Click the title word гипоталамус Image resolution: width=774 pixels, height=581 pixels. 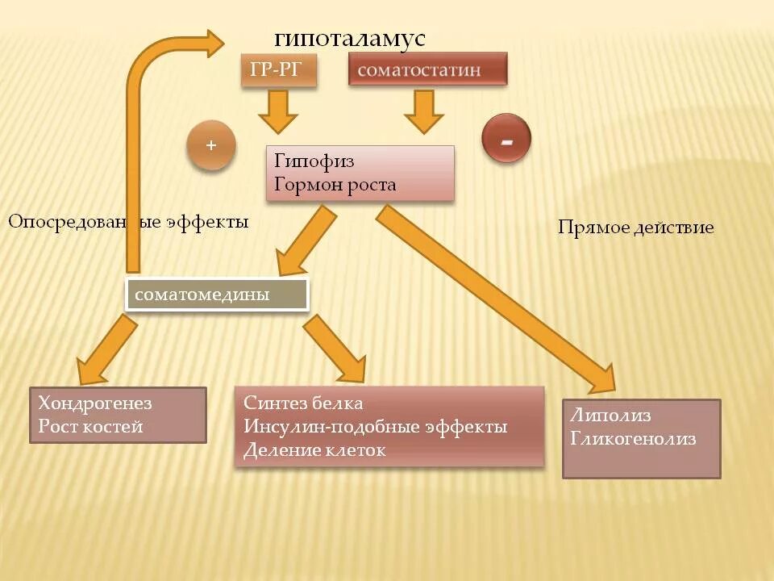[349, 39]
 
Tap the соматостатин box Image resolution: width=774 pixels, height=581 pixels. [427, 69]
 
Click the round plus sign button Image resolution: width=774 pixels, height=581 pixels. [211, 146]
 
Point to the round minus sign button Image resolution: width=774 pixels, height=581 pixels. [506, 140]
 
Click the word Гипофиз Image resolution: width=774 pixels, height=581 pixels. [314, 161]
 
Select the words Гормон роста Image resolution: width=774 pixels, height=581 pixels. [335, 185]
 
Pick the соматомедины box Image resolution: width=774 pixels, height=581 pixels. [216, 295]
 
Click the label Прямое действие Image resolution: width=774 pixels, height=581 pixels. [635, 228]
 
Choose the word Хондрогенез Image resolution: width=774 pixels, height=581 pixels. [94, 403]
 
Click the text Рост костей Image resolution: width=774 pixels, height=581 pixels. [90, 427]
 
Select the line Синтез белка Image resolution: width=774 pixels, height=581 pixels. [303, 403]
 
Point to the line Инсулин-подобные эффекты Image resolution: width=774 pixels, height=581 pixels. [375, 426]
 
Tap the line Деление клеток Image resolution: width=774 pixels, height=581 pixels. [314, 450]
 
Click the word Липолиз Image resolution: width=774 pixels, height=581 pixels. [610, 416]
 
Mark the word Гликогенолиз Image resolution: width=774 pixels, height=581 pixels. [632, 439]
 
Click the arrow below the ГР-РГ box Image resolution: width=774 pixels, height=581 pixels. [278, 111]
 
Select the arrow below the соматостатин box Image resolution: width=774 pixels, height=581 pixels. [424, 111]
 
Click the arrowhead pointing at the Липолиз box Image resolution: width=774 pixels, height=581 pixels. [610, 378]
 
